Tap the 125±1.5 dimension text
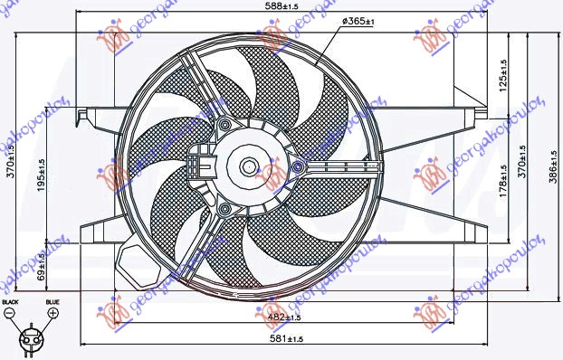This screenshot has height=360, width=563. coord(502,72)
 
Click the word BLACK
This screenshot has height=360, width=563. coord(10,301)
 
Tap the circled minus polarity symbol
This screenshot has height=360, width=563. coord(10,313)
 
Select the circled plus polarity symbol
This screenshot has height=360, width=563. coord(52,313)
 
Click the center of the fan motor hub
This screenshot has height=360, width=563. coord(248,166)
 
